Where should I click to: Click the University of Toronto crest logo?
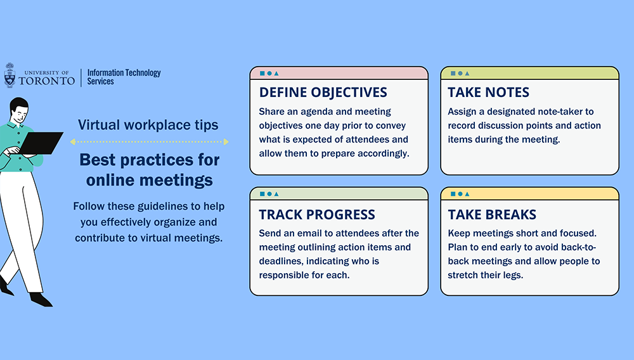pyautogui.click(x=10, y=75)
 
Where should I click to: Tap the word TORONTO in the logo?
pyautogui.click(x=46, y=80)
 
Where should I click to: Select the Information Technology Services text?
pyautogui.click(x=124, y=77)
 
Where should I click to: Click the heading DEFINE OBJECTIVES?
pyautogui.click(x=323, y=93)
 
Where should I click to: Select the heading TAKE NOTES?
pyautogui.click(x=488, y=93)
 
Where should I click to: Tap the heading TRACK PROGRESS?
pyautogui.click(x=317, y=215)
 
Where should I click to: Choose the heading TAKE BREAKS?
pyautogui.click(x=492, y=215)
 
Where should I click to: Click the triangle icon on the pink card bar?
pyautogui.click(x=276, y=74)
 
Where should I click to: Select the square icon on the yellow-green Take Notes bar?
pyautogui.click(x=453, y=74)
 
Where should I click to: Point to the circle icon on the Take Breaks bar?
pyautogui.click(x=460, y=194)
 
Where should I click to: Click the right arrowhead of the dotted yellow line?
pyautogui.click(x=226, y=142)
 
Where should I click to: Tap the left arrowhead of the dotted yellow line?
pyautogui.click(x=73, y=142)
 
